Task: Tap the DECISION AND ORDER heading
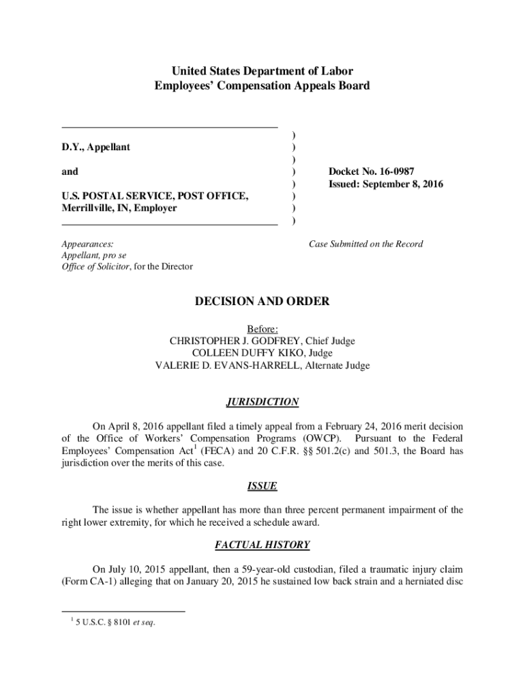coord(262,301)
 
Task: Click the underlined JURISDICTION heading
coord(262,402)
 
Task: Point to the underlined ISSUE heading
coord(262,486)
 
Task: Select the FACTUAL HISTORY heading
coord(262,545)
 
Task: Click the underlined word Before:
coord(262,328)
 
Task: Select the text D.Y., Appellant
coord(96,147)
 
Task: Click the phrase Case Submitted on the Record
coord(365,244)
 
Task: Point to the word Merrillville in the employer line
coord(88,208)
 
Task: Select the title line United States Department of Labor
coord(262,71)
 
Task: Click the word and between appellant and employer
coord(70,171)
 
